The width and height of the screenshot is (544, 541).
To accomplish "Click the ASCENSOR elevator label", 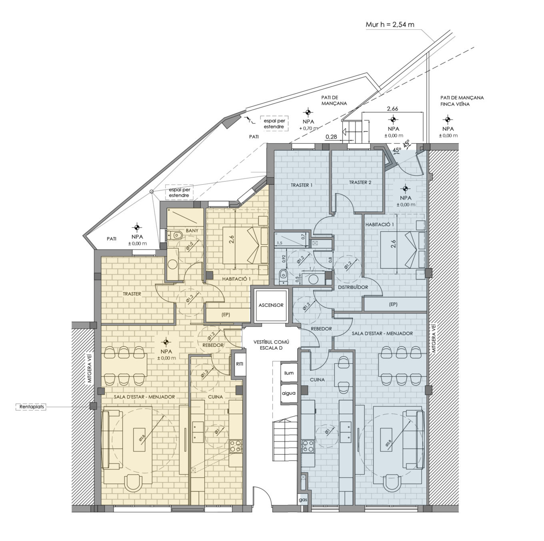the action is click(271, 305).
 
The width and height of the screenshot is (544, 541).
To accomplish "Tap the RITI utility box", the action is click(239, 364).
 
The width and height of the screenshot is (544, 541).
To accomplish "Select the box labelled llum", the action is click(289, 373).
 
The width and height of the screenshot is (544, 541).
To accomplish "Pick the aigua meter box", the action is click(289, 393).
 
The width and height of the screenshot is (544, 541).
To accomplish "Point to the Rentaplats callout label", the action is click(31, 407).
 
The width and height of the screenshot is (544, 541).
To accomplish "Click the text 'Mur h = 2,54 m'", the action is click(390, 24).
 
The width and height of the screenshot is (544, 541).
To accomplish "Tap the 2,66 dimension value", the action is click(392, 108).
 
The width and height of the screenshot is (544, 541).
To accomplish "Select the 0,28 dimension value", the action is click(331, 137).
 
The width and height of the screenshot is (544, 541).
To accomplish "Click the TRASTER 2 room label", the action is click(360, 182).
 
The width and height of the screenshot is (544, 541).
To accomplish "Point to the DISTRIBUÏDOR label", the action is click(353, 287).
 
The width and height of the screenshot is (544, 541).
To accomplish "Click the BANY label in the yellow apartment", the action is click(192, 231).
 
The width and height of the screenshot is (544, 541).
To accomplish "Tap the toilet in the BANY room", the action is click(175, 235).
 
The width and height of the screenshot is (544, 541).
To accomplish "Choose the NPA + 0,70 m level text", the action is click(308, 125).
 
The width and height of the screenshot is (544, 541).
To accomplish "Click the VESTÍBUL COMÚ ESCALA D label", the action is click(271, 345).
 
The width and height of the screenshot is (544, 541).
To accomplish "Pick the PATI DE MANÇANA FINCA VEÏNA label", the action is click(462, 101).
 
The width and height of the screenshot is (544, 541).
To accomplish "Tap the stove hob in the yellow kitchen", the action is click(235, 447).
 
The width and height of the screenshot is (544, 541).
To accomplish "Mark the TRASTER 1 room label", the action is click(302, 185).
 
